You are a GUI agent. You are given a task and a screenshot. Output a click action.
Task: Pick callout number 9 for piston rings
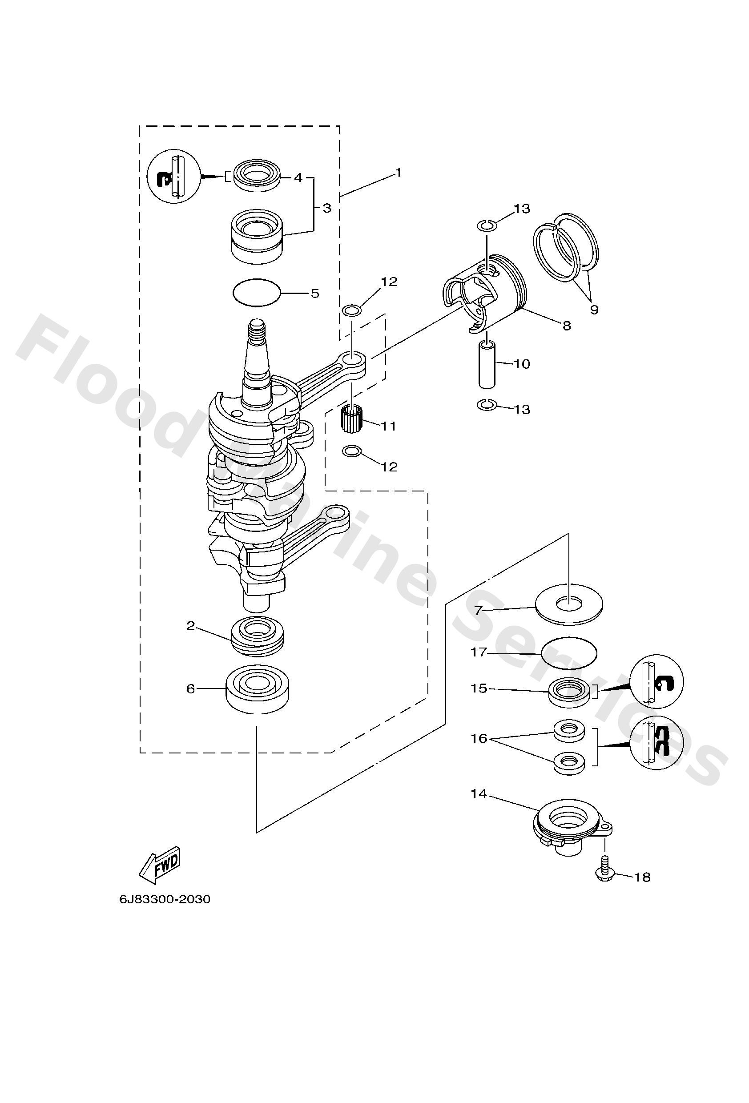point(594,310)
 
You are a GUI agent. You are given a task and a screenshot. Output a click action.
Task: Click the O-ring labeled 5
point(257,292)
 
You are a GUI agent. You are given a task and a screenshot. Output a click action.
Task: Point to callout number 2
point(191,626)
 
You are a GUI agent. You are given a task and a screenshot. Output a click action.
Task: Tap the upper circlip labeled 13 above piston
point(487,225)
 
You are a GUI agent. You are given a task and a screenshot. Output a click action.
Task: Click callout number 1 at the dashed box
point(398,173)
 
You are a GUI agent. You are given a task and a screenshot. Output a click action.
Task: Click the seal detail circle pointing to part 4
point(174,176)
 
